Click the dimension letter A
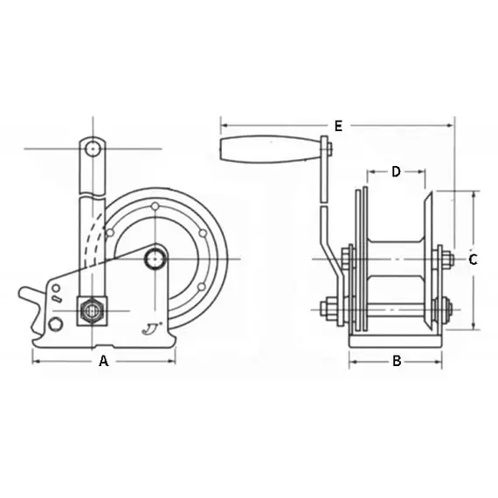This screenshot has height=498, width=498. (103, 361)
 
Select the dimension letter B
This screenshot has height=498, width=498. (396, 361)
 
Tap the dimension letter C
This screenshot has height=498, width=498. (473, 259)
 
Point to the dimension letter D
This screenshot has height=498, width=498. (396, 172)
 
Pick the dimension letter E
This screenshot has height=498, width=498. (337, 126)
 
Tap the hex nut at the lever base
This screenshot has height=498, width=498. (91, 310)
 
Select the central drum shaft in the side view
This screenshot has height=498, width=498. (156, 258)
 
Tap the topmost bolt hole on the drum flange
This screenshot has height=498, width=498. (155, 207)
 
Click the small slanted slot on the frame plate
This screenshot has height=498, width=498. (55, 300)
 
